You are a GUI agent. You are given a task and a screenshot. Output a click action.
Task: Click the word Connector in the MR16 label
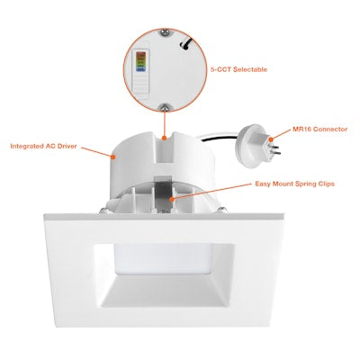pos(328,130)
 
